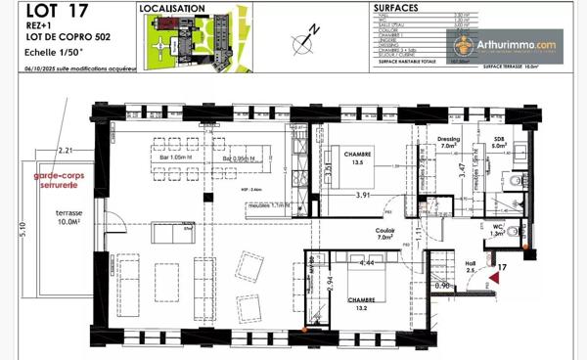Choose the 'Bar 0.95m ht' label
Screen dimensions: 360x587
238,157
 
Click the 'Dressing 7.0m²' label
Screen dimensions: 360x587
448,143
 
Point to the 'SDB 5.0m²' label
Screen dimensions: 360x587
499,143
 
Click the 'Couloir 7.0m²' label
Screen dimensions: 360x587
384,233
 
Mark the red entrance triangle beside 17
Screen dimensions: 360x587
495,279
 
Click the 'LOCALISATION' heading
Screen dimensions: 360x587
172,8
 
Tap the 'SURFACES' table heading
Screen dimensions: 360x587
397,7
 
